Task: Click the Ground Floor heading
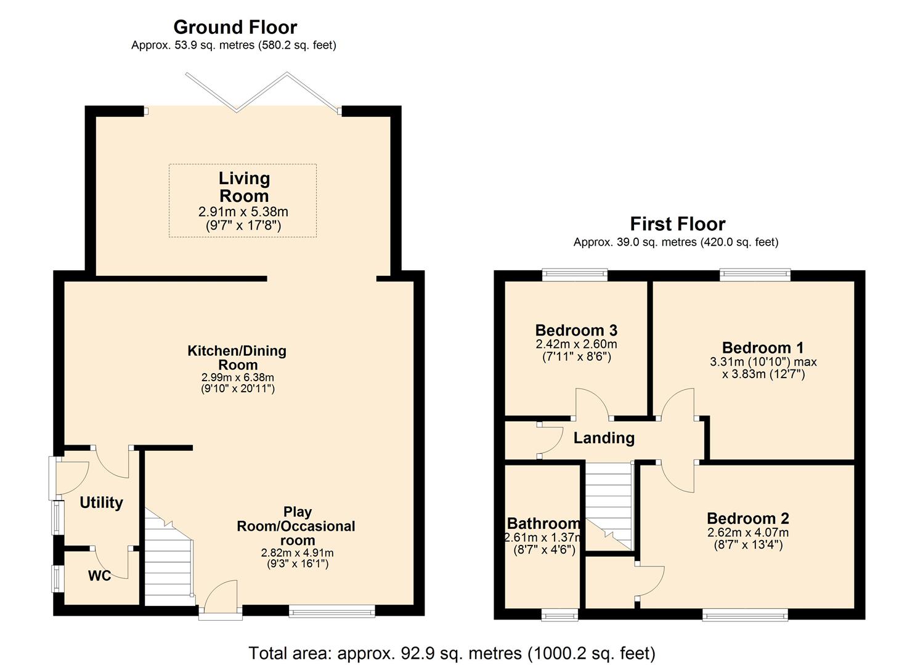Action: coord(235,27)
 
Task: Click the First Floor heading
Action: coord(677,224)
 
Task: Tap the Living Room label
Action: coord(244,187)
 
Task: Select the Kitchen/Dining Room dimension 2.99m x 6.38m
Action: coord(238,377)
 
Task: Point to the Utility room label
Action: coord(101,502)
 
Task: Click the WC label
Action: coord(99,576)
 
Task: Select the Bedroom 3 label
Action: coord(576,331)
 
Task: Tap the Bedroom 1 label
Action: coord(763,348)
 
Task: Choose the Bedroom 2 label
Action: coord(747,518)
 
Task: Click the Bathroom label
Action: coord(543,523)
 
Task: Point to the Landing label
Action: coord(604,438)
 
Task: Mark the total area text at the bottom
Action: coord(452,653)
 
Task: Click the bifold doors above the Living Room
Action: coord(262,92)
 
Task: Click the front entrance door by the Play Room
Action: coord(221,600)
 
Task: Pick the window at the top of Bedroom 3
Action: coord(574,275)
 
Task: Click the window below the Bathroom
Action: coord(559,614)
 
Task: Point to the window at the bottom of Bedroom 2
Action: coord(745,614)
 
